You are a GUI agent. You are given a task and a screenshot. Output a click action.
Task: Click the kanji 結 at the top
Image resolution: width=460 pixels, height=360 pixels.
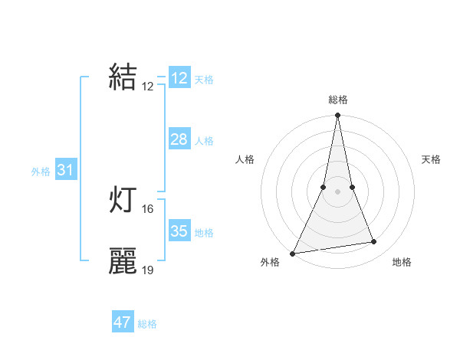point(123,77)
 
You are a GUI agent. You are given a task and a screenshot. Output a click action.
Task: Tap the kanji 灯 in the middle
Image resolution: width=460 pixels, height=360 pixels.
point(123,200)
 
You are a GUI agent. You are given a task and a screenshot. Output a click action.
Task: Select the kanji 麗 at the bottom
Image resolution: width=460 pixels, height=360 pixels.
point(123,260)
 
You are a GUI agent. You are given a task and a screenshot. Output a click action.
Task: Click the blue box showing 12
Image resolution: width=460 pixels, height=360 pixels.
point(179,78)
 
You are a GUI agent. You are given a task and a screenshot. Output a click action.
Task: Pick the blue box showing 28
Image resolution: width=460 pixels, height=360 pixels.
point(179,139)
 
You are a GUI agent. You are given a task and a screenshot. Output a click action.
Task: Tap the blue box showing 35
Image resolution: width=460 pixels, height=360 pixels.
point(179,231)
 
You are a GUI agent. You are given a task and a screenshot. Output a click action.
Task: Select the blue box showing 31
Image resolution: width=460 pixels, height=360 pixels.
point(65,170)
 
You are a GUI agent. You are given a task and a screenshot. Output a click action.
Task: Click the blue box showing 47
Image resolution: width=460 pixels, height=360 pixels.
point(123,322)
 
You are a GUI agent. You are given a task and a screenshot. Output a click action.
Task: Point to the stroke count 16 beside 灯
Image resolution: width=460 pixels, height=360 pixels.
point(148,208)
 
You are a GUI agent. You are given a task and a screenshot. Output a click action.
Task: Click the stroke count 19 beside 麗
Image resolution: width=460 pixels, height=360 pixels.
point(148,270)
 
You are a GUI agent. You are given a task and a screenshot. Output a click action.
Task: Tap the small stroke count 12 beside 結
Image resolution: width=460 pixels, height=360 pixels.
point(148,87)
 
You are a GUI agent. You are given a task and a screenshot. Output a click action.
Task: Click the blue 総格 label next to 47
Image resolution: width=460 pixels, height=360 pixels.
point(147,324)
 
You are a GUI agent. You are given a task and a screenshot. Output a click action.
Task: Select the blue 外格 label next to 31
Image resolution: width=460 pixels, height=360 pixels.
point(41,172)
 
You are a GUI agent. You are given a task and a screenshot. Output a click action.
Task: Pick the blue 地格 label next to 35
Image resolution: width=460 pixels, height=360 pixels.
point(204,233)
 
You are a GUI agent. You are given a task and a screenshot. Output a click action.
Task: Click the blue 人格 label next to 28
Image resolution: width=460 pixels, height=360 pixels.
point(204,141)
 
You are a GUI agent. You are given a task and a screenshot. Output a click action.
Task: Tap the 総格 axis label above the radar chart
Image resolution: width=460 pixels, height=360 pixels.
point(337,100)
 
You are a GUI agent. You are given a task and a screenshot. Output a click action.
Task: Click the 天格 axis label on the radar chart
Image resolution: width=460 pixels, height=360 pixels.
point(431,159)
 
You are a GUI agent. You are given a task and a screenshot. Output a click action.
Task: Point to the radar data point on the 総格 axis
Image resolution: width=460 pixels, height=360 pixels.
point(337,116)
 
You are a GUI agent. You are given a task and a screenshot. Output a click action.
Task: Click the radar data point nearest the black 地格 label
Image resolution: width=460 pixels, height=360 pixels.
point(374,242)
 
